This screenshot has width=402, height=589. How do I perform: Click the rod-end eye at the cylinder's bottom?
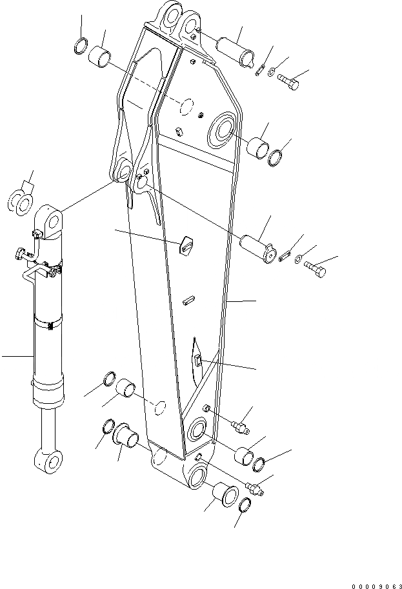coord(48,461)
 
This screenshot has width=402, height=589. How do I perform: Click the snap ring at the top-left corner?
coord(82,46)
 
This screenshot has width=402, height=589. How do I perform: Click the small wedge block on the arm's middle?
coord(186,245)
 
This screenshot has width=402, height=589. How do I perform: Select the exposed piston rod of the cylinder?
coord(48,429)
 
